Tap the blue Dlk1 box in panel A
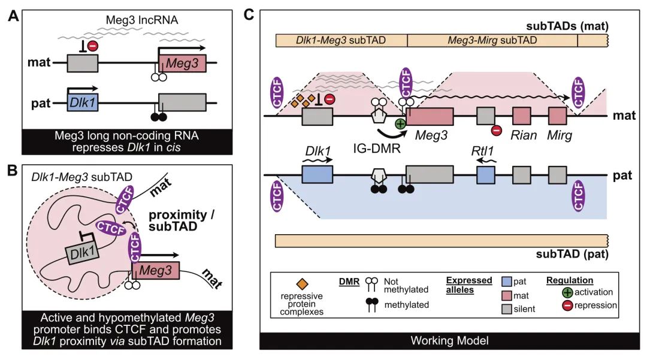(83, 102)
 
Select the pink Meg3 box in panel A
(182, 62)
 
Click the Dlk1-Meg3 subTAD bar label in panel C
(340, 41)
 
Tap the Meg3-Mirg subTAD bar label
(492, 41)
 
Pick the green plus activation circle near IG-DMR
(400, 125)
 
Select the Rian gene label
(523, 136)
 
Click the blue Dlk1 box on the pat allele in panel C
(317, 174)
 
